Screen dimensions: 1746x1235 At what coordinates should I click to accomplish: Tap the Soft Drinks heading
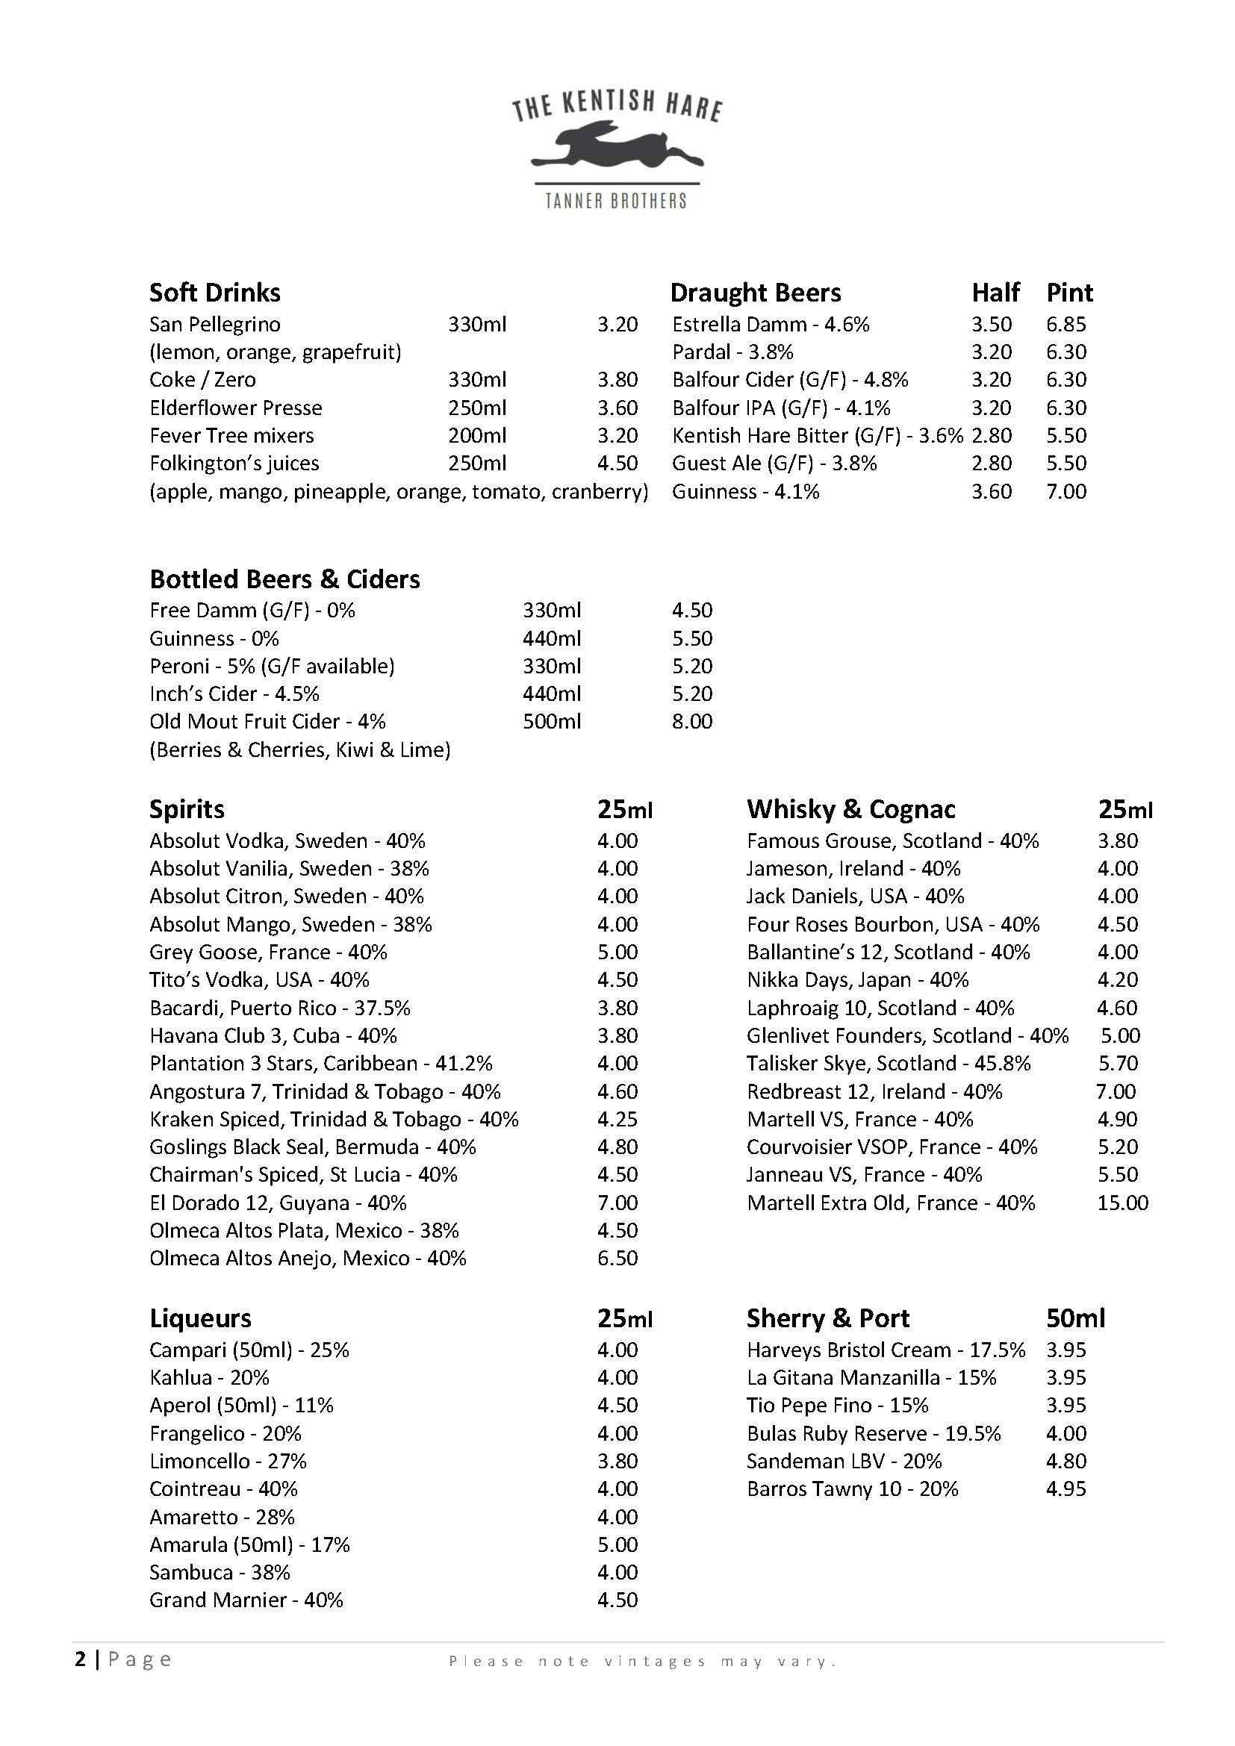pyautogui.click(x=214, y=293)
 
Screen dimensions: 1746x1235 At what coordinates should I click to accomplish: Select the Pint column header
pyautogui.click(x=1069, y=293)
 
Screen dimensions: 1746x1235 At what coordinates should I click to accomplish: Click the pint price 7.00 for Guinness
pyautogui.click(x=1066, y=491)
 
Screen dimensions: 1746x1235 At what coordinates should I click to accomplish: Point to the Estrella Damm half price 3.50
pyautogui.click(x=991, y=325)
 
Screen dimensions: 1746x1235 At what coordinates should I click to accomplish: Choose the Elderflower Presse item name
pyautogui.click(x=236, y=408)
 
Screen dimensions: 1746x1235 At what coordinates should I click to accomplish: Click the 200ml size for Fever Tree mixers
pyautogui.click(x=477, y=436)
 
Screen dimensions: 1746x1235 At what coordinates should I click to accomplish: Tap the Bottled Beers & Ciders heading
pyautogui.click(x=284, y=579)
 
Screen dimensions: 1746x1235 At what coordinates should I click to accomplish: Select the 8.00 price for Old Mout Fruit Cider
pyautogui.click(x=692, y=721)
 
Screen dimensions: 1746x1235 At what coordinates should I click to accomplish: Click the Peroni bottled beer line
pyautogui.click(x=272, y=666)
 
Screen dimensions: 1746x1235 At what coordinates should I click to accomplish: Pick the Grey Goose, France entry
pyautogui.click(x=269, y=952)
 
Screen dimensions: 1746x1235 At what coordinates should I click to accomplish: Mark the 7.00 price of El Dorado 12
pyautogui.click(x=617, y=1203)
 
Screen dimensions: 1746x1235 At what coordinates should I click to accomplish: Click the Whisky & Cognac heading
pyautogui.click(x=851, y=809)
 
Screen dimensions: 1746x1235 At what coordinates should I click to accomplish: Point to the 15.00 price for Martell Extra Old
pyautogui.click(x=1122, y=1203)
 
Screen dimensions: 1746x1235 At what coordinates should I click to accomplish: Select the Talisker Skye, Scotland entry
pyautogui.click(x=889, y=1063)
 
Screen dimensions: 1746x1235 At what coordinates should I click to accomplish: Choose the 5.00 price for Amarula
pyautogui.click(x=617, y=1544)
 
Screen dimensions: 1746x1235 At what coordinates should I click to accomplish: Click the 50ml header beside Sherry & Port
pyautogui.click(x=1075, y=1318)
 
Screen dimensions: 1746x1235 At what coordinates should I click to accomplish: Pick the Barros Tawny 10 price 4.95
pyautogui.click(x=1066, y=1488)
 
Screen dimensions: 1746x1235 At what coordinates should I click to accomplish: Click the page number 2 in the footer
pyautogui.click(x=81, y=1659)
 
